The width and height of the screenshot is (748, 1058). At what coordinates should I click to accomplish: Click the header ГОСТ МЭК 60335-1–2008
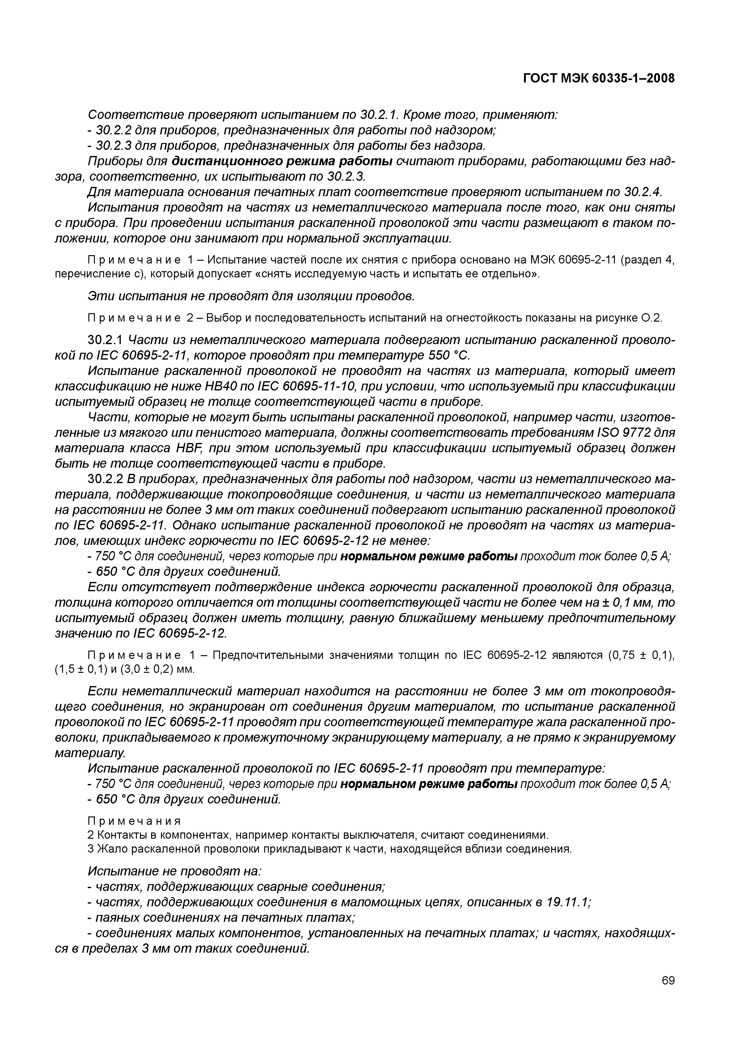tap(599, 79)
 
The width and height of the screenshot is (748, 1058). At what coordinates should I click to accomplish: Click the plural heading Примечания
tap(134, 821)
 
